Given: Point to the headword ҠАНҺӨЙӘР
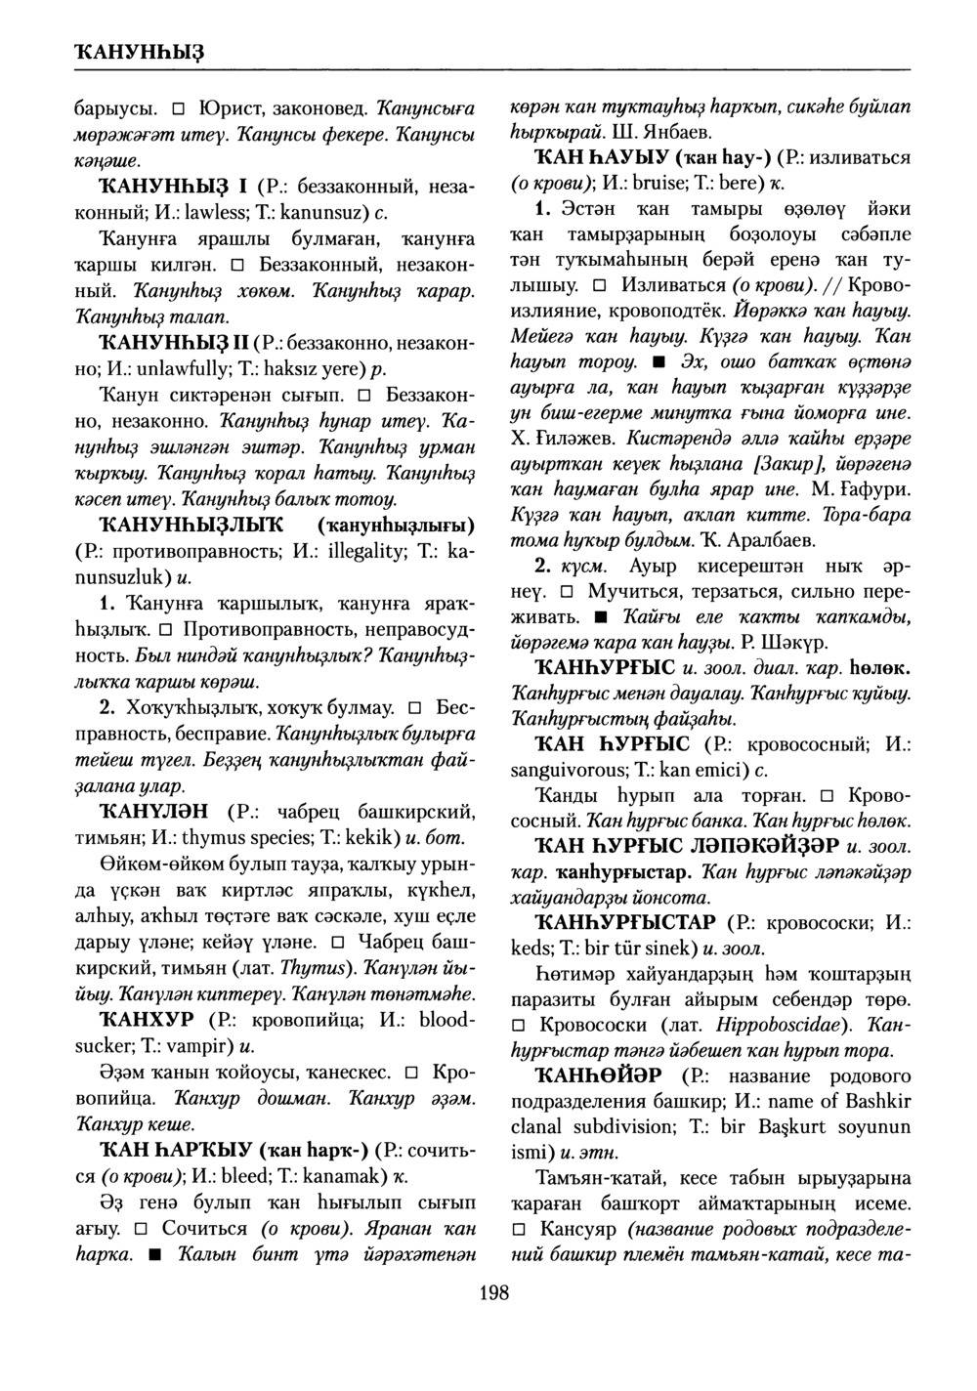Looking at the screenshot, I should (x=595, y=1075).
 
